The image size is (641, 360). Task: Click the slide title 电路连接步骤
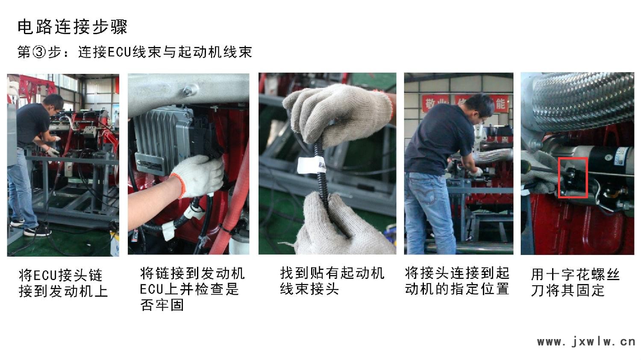(x=72, y=27)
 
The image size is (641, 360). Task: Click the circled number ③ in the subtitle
(x=39, y=53)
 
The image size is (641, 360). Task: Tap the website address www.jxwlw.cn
(x=586, y=341)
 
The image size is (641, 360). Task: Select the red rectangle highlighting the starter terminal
(x=573, y=178)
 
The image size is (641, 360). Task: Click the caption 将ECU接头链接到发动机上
(x=63, y=284)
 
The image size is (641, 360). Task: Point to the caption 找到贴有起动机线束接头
(x=332, y=281)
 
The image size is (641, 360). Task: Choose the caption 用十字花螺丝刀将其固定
(x=575, y=283)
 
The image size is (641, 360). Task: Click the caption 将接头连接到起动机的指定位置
(x=457, y=281)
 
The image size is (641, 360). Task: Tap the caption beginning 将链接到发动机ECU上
(x=192, y=289)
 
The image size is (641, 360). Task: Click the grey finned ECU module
(x=163, y=140)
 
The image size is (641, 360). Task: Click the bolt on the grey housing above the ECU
(x=188, y=91)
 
